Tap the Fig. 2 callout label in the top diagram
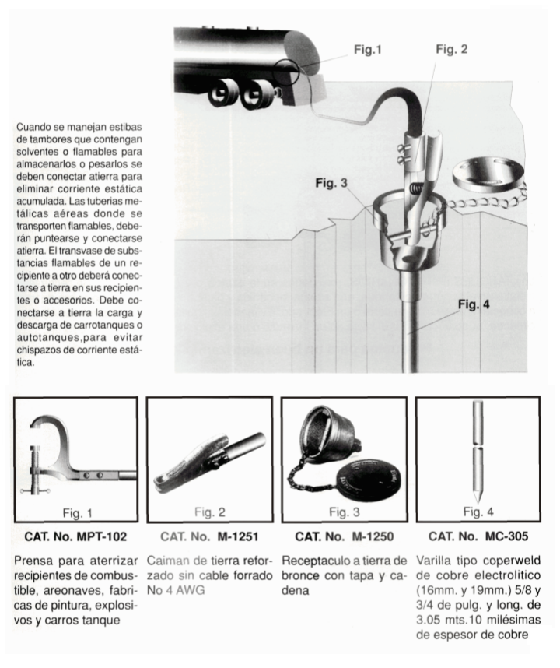tap(451, 50)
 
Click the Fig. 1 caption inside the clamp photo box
tap(76, 512)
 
